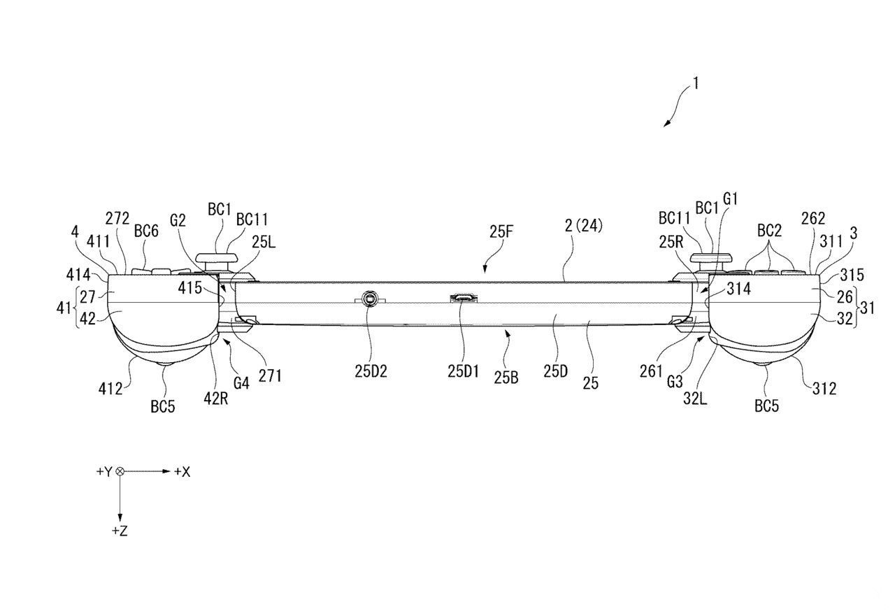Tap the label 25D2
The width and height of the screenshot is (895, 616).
371,371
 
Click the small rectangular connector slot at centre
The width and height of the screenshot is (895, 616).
462,299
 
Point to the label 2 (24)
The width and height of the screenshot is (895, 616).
583,225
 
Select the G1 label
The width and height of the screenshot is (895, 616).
731,199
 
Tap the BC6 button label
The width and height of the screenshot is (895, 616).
145,231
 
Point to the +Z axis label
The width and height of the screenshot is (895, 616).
120,531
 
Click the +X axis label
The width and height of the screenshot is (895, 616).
182,472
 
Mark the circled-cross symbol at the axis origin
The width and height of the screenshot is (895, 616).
120,472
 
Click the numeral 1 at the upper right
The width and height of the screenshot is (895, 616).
696,84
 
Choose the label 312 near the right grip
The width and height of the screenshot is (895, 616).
824,388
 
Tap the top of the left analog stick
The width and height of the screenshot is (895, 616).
216,257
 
